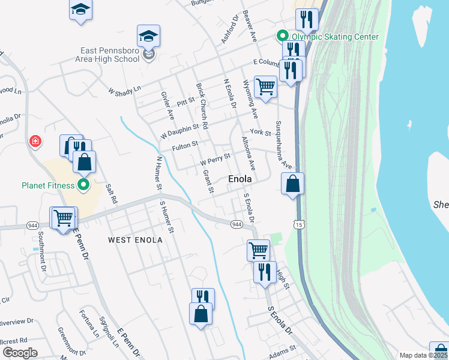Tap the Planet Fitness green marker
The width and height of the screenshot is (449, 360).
[x=83, y=185]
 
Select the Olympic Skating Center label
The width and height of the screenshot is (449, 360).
[x=335, y=37]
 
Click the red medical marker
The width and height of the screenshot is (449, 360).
[x=36, y=141]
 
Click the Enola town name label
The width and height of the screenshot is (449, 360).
[x=240, y=179]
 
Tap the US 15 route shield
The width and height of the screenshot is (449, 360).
[x=298, y=224]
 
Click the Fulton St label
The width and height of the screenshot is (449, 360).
[x=185, y=145]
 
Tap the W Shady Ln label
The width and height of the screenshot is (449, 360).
[x=124, y=91]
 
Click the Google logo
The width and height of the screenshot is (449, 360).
[x=20, y=353]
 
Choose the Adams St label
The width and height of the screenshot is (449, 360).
[x=283, y=348]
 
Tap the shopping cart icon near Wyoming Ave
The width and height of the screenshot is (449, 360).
[x=265, y=86]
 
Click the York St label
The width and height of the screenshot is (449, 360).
[x=261, y=132]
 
